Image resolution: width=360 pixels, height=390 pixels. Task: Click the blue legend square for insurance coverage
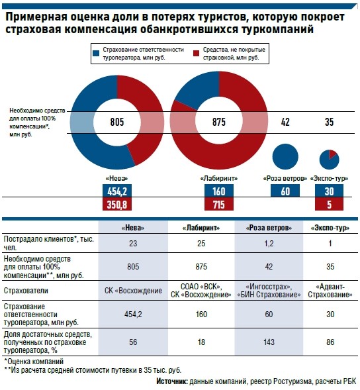pyautogui.click(x=96, y=53)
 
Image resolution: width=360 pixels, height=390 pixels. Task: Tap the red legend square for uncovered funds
pyautogui.click(x=196, y=53)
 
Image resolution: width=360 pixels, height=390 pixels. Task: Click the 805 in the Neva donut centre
pyautogui.click(x=117, y=122)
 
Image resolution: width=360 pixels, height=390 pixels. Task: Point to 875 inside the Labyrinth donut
pyautogui.click(x=219, y=122)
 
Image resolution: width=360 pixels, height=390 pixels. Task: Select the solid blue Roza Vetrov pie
pyautogui.click(x=285, y=157)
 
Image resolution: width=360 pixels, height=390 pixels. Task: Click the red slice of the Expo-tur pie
pyautogui.click(x=332, y=154)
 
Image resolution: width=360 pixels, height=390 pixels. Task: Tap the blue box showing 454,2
pyautogui.click(x=117, y=191)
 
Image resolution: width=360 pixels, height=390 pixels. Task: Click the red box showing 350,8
pyautogui.click(x=117, y=204)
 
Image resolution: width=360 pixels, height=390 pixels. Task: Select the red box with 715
pyautogui.click(x=219, y=204)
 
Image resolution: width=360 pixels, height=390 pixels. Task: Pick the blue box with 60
pyautogui.click(x=285, y=191)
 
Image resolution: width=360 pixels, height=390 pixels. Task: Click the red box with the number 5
pyautogui.click(x=329, y=204)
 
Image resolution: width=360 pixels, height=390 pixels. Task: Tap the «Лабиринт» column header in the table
pyautogui.click(x=201, y=228)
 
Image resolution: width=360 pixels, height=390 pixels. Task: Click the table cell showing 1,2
pyautogui.click(x=269, y=243)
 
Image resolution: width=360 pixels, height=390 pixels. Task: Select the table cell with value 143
pyautogui.click(x=269, y=342)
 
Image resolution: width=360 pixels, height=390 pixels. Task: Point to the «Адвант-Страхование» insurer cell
pyautogui.click(x=330, y=291)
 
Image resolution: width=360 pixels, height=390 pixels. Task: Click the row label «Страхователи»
pyautogui.click(x=26, y=291)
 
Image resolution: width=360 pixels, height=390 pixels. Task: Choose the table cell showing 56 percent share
pyautogui.click(x=133, y=342)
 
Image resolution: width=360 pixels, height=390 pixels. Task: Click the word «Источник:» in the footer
pyautogui.click(x=172, y=381)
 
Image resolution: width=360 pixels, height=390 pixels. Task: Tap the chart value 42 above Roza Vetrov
pyautogui.click(x=285, y=122)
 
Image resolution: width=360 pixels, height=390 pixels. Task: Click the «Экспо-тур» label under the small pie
pyautogui.click(x=329, y=178)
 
